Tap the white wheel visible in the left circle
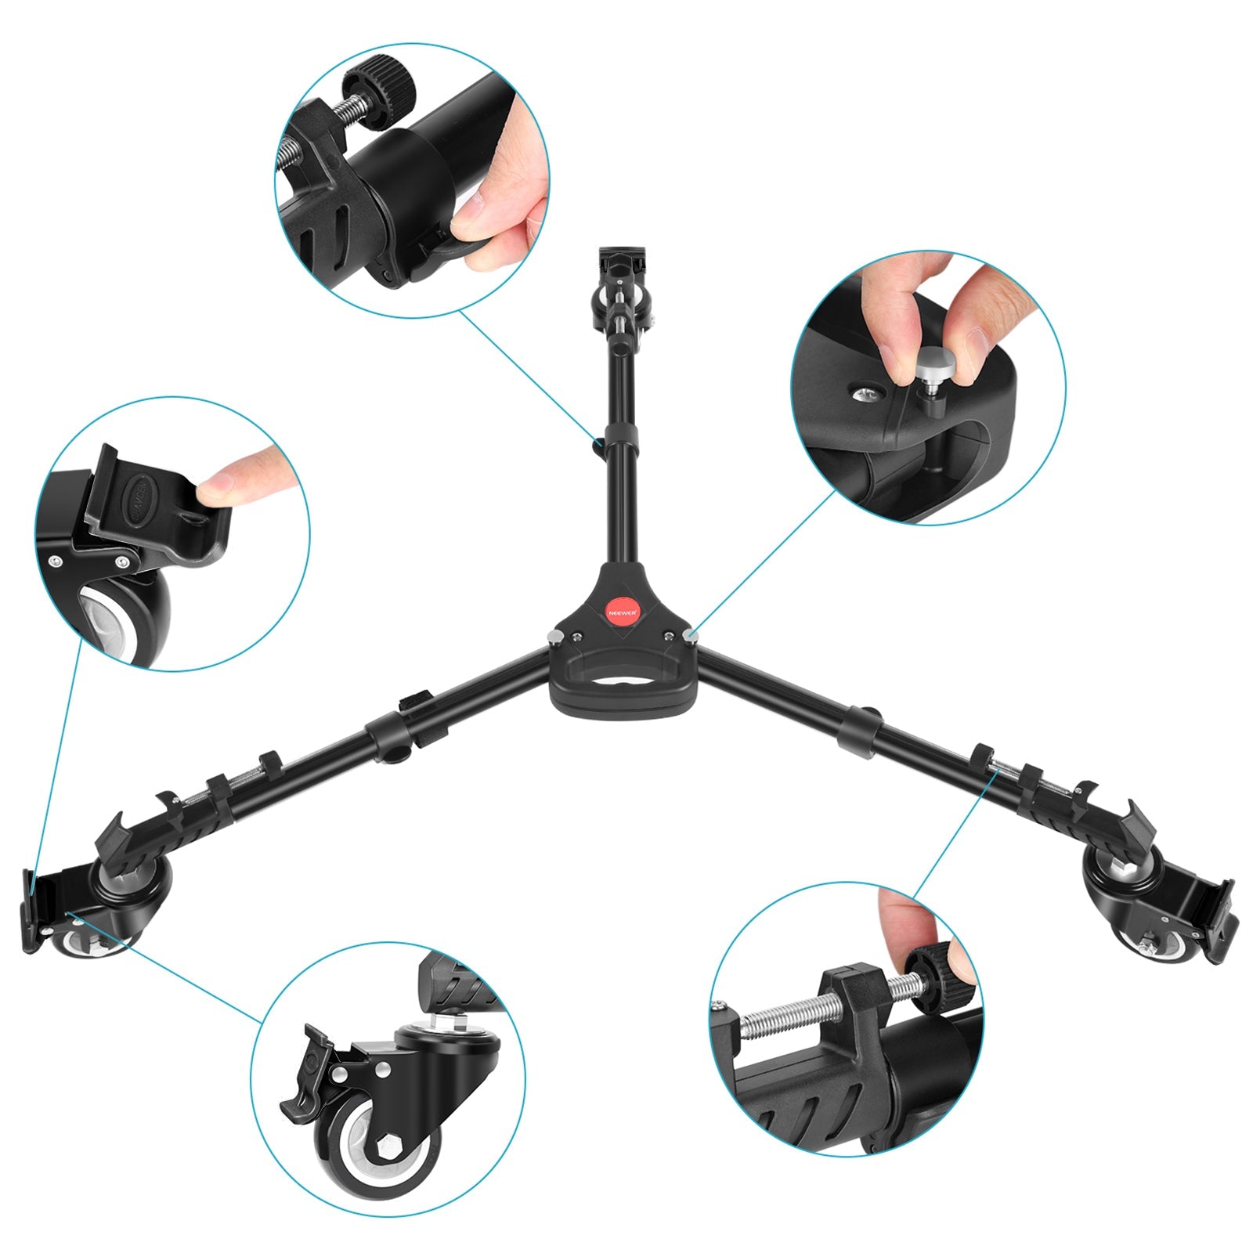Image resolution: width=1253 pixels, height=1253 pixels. (x=110, y=619)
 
